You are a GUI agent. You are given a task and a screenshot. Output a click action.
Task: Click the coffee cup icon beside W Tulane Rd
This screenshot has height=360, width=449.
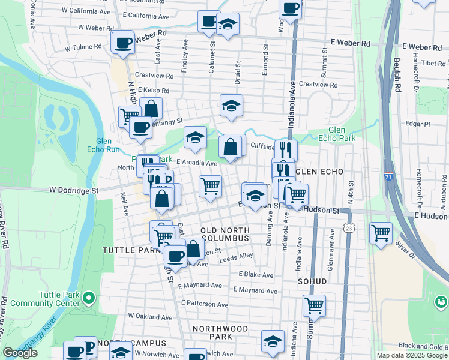click(124, 43)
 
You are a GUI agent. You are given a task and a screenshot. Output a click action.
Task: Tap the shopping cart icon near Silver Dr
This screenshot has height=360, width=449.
click(381, 233)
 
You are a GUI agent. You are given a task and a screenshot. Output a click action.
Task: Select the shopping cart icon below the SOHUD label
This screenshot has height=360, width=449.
click(314, 305)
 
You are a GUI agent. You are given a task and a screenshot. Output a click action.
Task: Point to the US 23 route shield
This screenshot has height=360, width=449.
click(349, 227)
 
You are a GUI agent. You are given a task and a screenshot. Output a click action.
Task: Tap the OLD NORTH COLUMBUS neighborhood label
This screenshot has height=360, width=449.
click(224, 235)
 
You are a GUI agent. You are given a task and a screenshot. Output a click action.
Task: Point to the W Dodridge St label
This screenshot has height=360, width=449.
click(73, 190)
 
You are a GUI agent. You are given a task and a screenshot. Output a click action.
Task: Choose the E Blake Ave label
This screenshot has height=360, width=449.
click(256, 275)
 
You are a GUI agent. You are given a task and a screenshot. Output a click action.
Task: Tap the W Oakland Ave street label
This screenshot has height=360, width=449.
click(150, 316)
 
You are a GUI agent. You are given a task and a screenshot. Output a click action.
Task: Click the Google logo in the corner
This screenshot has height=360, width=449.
click(20, 353)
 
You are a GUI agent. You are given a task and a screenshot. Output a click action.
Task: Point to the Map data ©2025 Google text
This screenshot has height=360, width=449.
click(412, 355)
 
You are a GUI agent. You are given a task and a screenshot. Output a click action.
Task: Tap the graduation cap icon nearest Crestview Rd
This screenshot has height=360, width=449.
click(231, 106)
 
